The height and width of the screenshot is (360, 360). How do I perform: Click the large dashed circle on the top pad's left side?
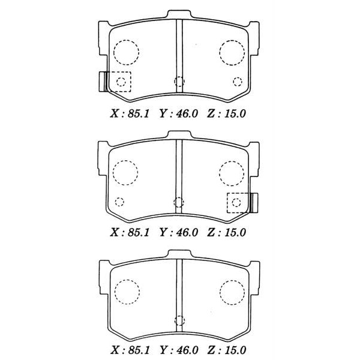click(126, 52)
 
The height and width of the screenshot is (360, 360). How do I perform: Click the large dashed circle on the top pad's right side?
click(231, 53)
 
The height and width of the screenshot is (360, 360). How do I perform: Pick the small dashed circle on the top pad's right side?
click(237, 81)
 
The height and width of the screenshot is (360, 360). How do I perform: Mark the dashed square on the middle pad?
click(238, 202)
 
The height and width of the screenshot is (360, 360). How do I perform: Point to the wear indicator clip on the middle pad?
click(254, 202)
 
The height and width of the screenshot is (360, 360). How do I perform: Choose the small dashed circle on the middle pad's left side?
click(119, 201)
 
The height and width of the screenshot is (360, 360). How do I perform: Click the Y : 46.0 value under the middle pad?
click(178, 232)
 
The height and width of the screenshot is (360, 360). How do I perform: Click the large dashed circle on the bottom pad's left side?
click(126, 292)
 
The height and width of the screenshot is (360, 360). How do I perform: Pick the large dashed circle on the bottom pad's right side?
click(231, 292)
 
